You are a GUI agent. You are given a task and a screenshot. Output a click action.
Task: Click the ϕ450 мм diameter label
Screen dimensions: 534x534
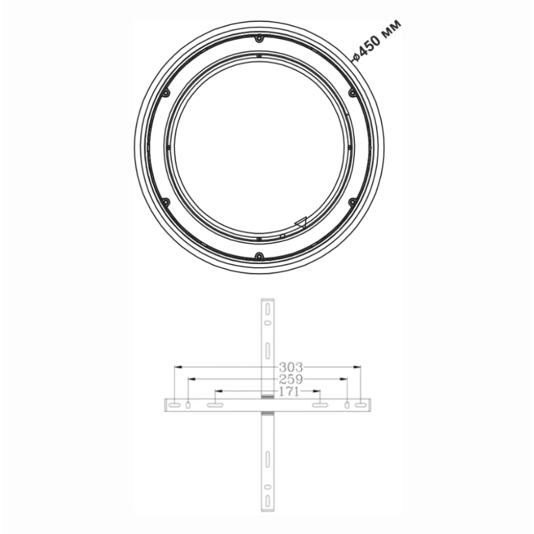click(x=377, y=41)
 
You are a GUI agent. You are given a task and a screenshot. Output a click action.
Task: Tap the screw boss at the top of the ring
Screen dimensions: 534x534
click(x=259, y=39)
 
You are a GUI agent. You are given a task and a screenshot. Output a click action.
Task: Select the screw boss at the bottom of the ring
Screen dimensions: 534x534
click(x=259, y=255)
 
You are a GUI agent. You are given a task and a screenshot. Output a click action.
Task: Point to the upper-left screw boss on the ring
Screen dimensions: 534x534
click(x=166, y=93)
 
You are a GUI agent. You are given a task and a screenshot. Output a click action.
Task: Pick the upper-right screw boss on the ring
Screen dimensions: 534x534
click(x=352, y=93)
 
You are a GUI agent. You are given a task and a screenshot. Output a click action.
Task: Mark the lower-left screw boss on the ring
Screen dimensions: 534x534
click(x=166, y=202)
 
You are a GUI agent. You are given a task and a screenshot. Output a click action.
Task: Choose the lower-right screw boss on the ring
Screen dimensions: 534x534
click(x=352, y=202)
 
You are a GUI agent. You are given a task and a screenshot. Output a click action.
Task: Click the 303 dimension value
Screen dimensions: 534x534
click(x=291, y=367)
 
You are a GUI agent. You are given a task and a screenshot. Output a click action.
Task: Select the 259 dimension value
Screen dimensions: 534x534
click(x=291, y=379)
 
